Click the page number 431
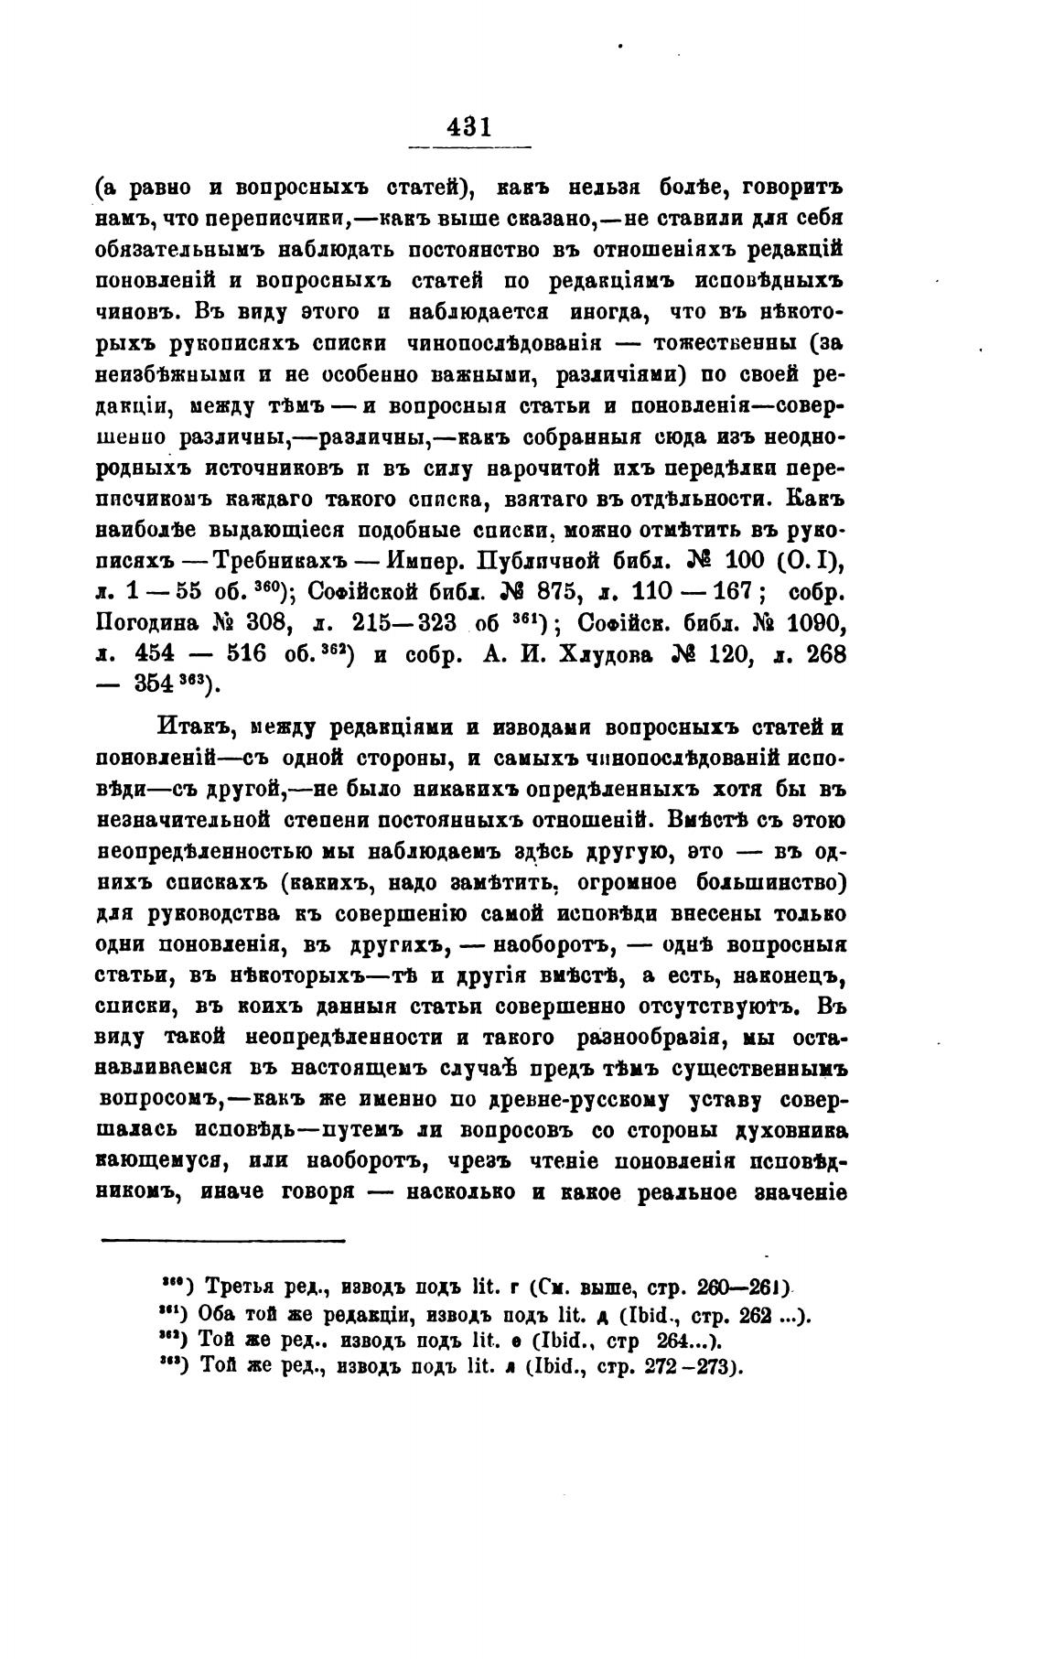point(469,126)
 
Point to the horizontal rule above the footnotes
point(222,1242)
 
